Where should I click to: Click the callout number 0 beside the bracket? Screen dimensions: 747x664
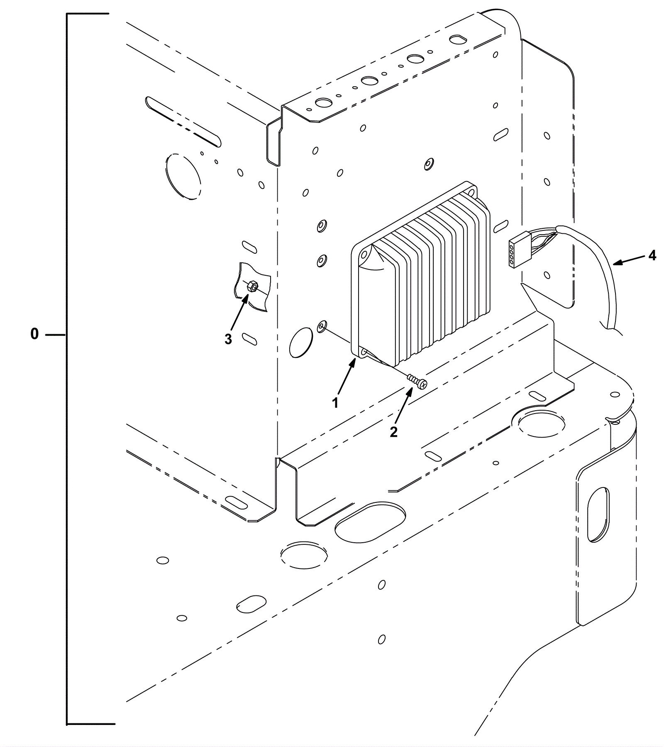coord(34,334)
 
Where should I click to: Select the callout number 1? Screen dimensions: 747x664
coord(335,402)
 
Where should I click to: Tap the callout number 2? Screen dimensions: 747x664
coord(393,432)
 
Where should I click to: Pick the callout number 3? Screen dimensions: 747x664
coord(228,339)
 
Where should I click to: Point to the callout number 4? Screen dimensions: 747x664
coord(652,255)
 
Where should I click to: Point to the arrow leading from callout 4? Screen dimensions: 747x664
coord(629,260)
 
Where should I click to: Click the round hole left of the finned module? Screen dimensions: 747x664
coord(301,342)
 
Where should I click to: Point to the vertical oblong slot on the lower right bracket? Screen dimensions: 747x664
coord(598,514)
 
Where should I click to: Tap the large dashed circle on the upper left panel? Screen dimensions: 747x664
coord(183,176)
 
